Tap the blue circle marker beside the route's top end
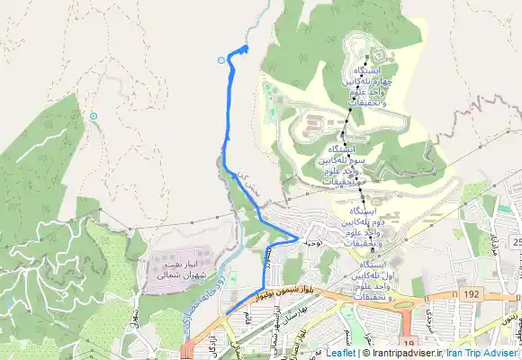coord(222,60)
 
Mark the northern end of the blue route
coord(247,47)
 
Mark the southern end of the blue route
coord(228,312)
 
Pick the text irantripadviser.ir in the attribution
coord(396,354)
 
